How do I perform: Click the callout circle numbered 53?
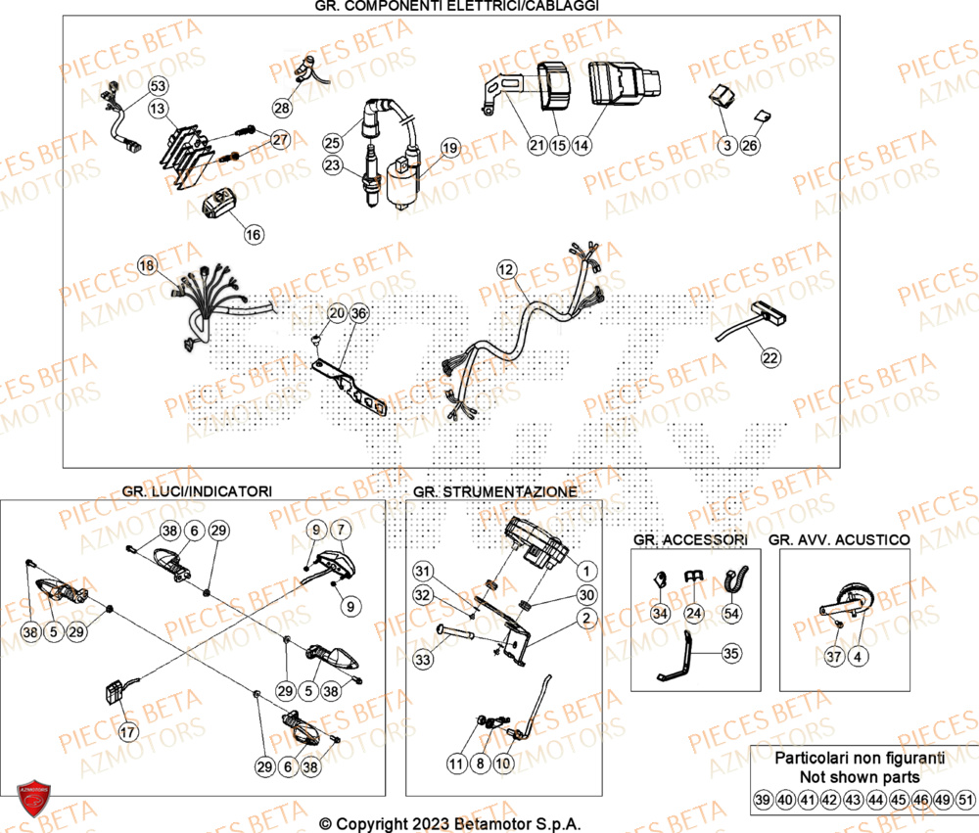(158, 87)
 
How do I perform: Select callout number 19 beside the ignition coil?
(448, 148)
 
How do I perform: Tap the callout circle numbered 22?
(770, 358)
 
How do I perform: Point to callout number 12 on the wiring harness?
(505, 267)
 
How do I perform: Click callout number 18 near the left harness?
(146, 265)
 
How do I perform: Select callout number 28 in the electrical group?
(282, 108)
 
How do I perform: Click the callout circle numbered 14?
(582, 146)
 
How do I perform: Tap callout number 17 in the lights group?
(127, 730)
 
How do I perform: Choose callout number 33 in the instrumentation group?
(422, 661)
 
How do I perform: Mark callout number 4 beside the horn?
(858, 656)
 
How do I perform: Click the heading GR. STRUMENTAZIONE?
(494, 490)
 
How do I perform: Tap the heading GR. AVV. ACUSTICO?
(839, 539)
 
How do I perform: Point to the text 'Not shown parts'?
(859, 776)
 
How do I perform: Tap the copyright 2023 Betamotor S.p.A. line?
(456, 824)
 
